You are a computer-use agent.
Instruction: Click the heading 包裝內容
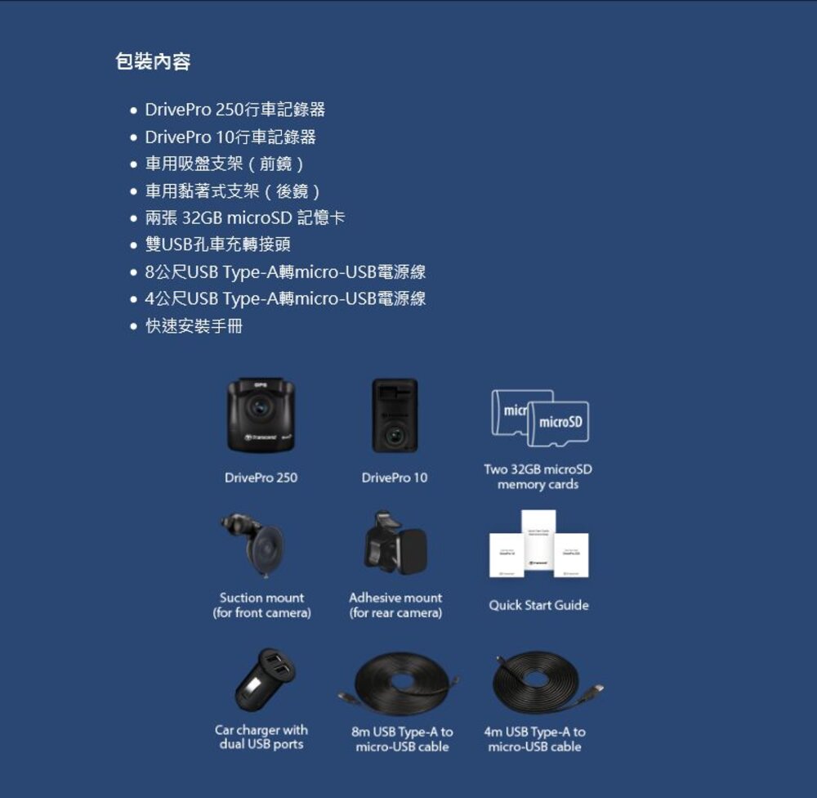153,62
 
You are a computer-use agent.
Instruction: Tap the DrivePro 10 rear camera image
395,415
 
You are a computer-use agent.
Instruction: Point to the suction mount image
258,544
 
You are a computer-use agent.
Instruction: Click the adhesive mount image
398,543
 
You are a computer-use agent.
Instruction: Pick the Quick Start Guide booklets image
538,544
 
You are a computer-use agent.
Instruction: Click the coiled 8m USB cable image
401,682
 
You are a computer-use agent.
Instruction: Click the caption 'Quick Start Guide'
538,605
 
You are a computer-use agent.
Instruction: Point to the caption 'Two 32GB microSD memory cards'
538,477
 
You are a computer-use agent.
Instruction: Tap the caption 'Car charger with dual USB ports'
261,737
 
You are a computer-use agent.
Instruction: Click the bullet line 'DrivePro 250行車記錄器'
234,110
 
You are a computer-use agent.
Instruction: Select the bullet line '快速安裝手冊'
194,326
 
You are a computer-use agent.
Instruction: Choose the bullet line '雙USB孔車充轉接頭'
217,244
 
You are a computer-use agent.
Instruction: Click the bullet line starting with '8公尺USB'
285,272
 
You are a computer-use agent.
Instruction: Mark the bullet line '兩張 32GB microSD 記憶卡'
244,218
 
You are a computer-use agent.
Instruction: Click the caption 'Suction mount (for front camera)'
261,605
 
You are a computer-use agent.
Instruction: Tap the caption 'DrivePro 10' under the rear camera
395,477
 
